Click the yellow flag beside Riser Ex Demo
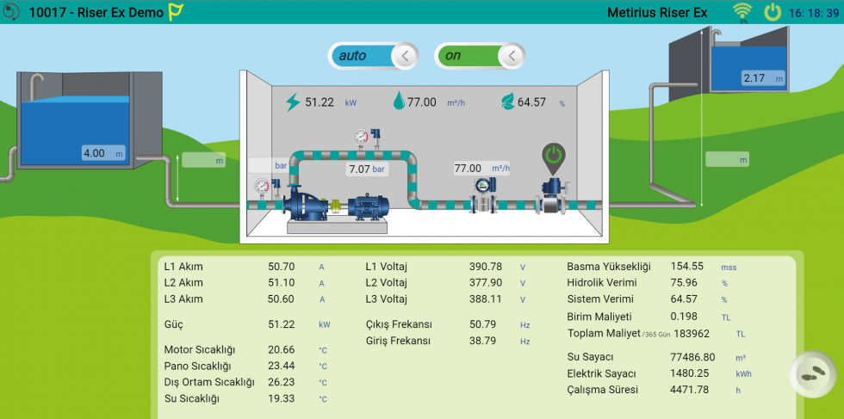[x=176, y=12]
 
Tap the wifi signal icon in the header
[x=741, y=11]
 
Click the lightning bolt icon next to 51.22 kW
[x=293, y=102]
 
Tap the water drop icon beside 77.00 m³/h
[x=398, y=102]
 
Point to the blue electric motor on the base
[x=368, y=206]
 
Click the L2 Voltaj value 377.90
[x=485, y=282]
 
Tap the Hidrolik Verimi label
[x=601, y=282]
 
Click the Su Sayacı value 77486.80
[x=692, y=357]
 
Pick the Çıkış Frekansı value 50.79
[x=485, y=324]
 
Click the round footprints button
[x=811, y=375]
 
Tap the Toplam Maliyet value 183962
[x=692, y=333]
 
